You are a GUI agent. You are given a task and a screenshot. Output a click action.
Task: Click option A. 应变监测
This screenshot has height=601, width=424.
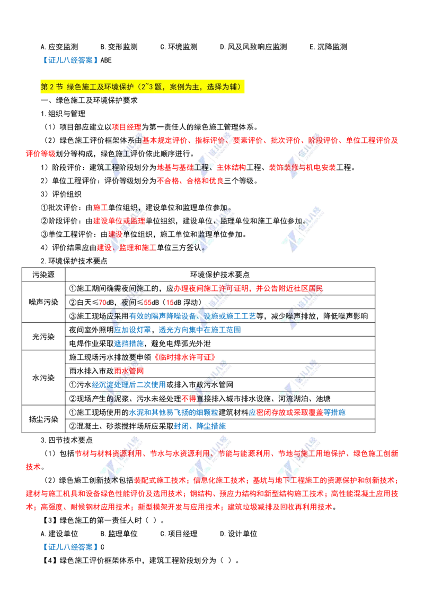pos(59,47)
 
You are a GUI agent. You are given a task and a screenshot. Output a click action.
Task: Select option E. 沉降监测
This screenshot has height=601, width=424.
pos(328,47)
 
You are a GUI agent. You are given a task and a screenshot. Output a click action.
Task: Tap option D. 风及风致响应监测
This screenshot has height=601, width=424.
pos(253,47)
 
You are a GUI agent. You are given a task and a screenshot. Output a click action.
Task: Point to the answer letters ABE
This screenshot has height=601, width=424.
pos(106,60)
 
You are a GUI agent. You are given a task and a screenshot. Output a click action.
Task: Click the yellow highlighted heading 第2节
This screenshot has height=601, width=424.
pos(143,87)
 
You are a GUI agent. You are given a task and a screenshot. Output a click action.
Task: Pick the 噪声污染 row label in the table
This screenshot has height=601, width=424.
pos(43,302)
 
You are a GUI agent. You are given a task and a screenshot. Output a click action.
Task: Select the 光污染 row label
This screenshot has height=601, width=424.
pos(43,337)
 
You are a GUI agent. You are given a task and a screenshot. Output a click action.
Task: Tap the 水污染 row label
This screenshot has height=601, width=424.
pos(43,378)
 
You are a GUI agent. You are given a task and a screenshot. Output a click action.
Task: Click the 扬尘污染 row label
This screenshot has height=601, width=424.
pos(43,419)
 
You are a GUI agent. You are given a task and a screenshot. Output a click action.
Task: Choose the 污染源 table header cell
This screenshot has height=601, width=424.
pos(43,274)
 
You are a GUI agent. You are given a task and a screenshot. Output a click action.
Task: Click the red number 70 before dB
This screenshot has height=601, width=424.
pos(103,303)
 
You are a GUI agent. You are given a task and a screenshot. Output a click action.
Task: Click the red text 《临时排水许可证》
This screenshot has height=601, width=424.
pos(185,357)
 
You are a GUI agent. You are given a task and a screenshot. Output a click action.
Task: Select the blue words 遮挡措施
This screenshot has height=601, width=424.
pos(129,344)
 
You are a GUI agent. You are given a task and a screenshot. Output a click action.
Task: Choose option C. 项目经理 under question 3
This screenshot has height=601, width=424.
pos(179,534)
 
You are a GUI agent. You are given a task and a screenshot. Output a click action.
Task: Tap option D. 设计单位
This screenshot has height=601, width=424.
pos(238,534)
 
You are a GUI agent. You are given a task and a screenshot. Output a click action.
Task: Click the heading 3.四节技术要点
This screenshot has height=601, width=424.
pos(67,440)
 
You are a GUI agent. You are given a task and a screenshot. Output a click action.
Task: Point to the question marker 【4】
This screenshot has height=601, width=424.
pos(49,560)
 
